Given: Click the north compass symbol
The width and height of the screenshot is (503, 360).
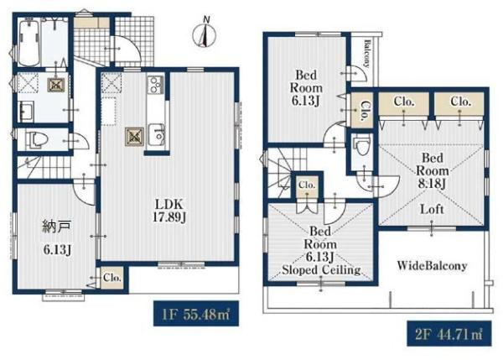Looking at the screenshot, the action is tap(204, 34).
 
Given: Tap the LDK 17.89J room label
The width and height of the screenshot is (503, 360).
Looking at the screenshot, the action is tap(169, 211).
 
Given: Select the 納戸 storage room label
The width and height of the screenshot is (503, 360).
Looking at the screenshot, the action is tap(56, 227).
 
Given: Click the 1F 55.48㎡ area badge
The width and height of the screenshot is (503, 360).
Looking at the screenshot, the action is tap(196, 314).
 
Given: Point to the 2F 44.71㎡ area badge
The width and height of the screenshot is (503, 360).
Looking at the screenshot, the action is tap(449, 334).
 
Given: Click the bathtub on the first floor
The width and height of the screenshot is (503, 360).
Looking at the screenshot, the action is tap(29, 42).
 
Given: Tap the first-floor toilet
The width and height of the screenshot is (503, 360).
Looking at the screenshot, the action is tap(36, 140).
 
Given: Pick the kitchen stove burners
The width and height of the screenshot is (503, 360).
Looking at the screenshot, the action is tap(156, 84).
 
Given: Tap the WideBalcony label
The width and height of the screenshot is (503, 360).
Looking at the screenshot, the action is tap(432, 265).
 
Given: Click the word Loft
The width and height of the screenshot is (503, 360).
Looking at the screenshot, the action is tap(432, 210).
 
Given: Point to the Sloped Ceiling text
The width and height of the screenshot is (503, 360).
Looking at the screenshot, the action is tap(321, 269).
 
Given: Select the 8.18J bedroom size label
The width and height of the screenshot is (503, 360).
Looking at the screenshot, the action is tap(432, 184).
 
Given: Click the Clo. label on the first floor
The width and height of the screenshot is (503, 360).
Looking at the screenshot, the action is tap(112, 278).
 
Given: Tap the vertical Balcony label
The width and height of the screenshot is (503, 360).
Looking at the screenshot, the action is tap(366, 54).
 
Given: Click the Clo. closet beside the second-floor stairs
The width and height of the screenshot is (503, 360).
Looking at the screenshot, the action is tap(307, 185).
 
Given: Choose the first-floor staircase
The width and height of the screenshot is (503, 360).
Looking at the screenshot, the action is tap(44, 167).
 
